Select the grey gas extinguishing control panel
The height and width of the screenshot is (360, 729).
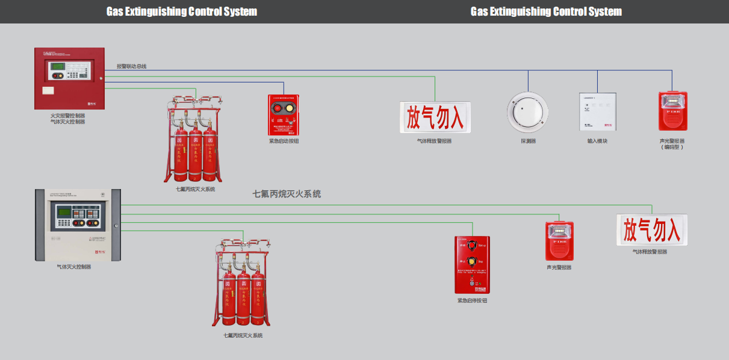(x=78, y=225)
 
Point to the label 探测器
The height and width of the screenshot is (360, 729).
(x=528, y=141)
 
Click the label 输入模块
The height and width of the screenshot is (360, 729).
(x=597, y=141)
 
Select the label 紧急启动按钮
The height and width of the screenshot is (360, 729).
(x=284, y=141)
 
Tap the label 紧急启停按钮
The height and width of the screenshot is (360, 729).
(x=472, y=300)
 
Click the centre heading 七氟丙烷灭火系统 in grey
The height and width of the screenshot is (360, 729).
(x=287, y=194)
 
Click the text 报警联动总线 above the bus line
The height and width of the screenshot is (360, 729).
(x=131, y=66)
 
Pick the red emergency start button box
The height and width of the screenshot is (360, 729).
(x=284, y=115)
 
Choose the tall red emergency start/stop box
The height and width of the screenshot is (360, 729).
(x=472, y=264)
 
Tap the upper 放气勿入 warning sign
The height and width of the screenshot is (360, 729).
(x=435, y=117)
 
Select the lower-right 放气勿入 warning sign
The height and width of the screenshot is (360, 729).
(x=651, y=230)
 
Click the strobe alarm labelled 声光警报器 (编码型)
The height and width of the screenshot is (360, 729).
(x=672, y=111)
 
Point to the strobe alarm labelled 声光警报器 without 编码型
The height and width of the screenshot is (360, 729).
(x=559, y=241)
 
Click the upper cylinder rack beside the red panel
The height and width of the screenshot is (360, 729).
(x=192, y=138)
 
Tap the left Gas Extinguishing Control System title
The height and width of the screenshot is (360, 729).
(x=182, y=11)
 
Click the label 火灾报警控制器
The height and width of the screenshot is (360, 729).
(x=67, y=115)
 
